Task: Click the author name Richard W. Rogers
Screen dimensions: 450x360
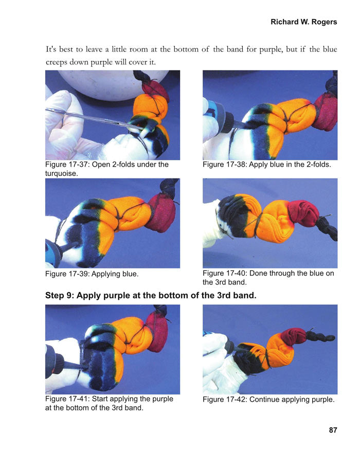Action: tap(303, 22)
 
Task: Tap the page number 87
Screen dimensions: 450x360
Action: tap(332, 430)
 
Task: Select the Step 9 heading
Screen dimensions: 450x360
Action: tap(151, 296)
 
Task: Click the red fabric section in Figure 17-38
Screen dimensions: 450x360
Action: tap(326, 113)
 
